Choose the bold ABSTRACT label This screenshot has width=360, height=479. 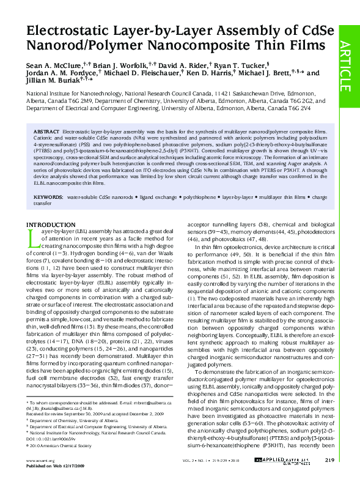click(x=46, y=132)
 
